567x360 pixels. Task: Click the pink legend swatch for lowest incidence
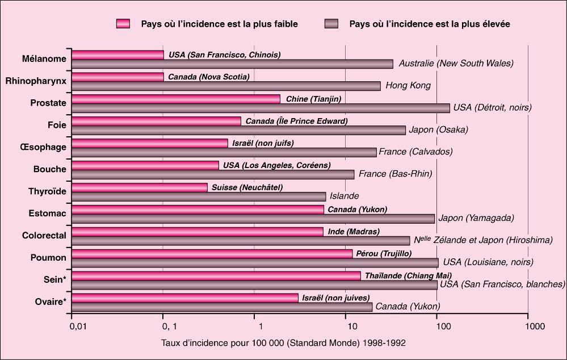coord(123,24)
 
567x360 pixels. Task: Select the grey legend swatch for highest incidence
coord(331,24)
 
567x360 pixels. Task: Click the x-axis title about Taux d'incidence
coord(283,343)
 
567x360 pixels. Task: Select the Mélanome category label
coord(44,58)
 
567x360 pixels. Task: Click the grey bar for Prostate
coord(261,108)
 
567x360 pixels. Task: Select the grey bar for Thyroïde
coord(199,196)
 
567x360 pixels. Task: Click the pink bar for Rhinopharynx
coord(117,77)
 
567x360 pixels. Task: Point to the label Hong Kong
coord(408,86)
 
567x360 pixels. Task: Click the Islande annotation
coord(345,196)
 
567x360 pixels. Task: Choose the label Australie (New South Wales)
coord(456,64)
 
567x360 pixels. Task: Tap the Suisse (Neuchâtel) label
coord(247,187)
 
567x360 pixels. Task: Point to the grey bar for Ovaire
coord(222,307)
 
